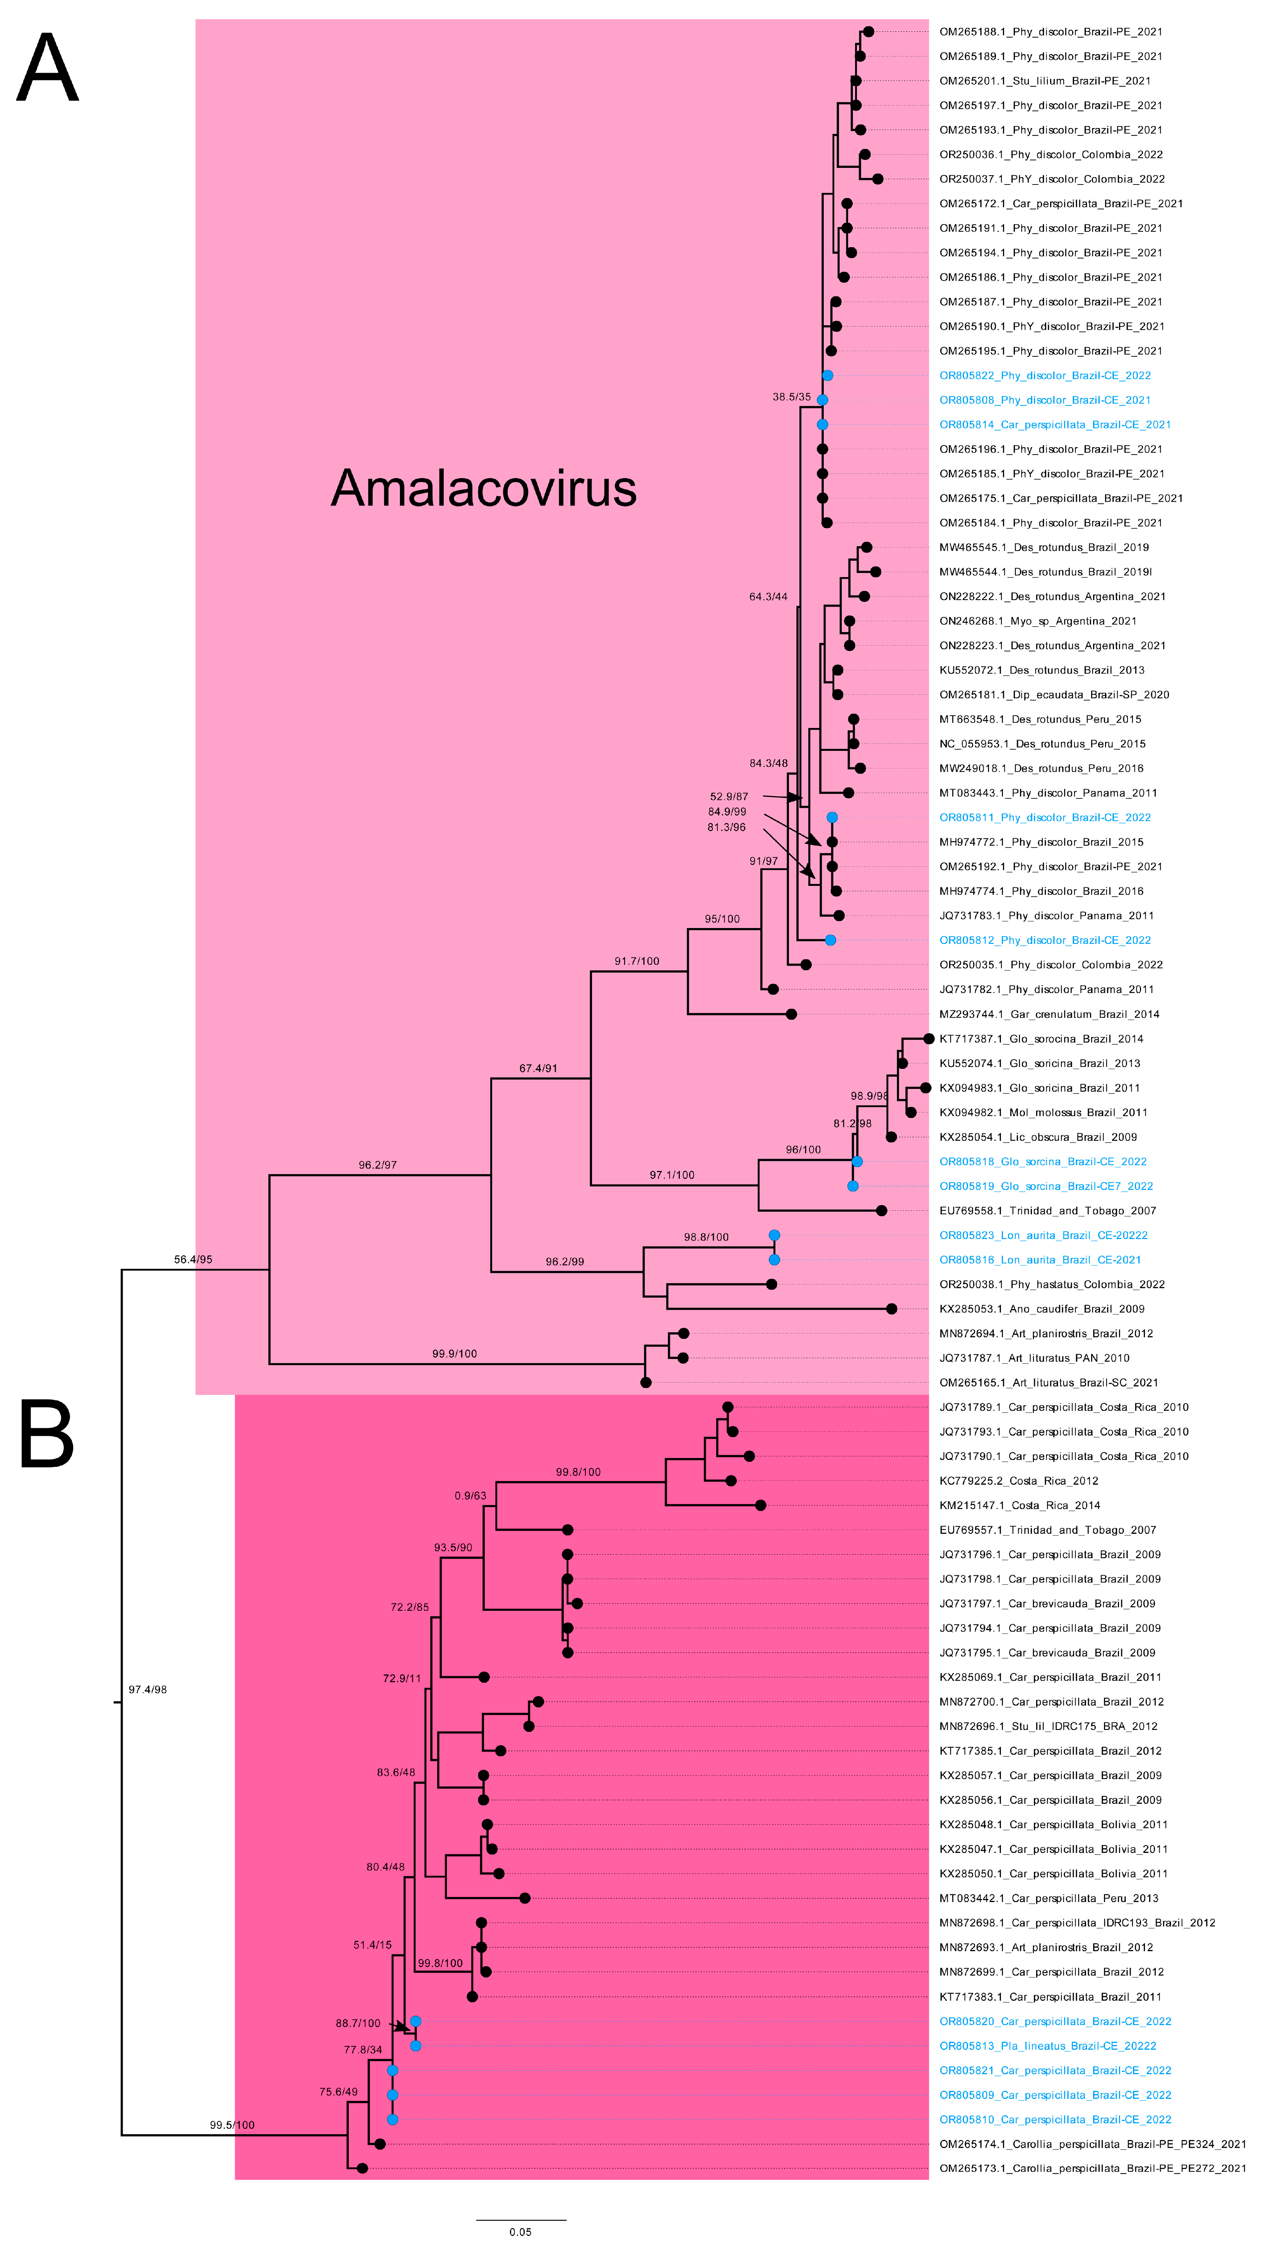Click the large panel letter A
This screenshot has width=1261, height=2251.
click(x=48, y=68)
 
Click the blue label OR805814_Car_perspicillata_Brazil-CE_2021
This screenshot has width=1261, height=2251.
click(x=1055, y=425)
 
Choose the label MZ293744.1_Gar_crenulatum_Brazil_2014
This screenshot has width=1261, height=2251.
click(x=1049, y=1015)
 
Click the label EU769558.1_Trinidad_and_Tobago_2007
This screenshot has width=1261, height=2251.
click(x=1047, y=1211)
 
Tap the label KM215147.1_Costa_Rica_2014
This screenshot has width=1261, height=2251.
click(x=1019, y=1506)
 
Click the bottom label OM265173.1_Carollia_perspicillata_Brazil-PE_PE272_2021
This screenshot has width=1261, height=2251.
click(x=1092, y=2169)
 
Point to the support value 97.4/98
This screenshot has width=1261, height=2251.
click(x=148, y=1690)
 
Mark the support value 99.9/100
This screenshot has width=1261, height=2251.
click(x=454, y=1354)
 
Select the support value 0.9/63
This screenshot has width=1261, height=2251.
click(x=470, y=1496)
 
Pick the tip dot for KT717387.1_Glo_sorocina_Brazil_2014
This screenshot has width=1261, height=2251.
click(x=929, y=1039)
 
